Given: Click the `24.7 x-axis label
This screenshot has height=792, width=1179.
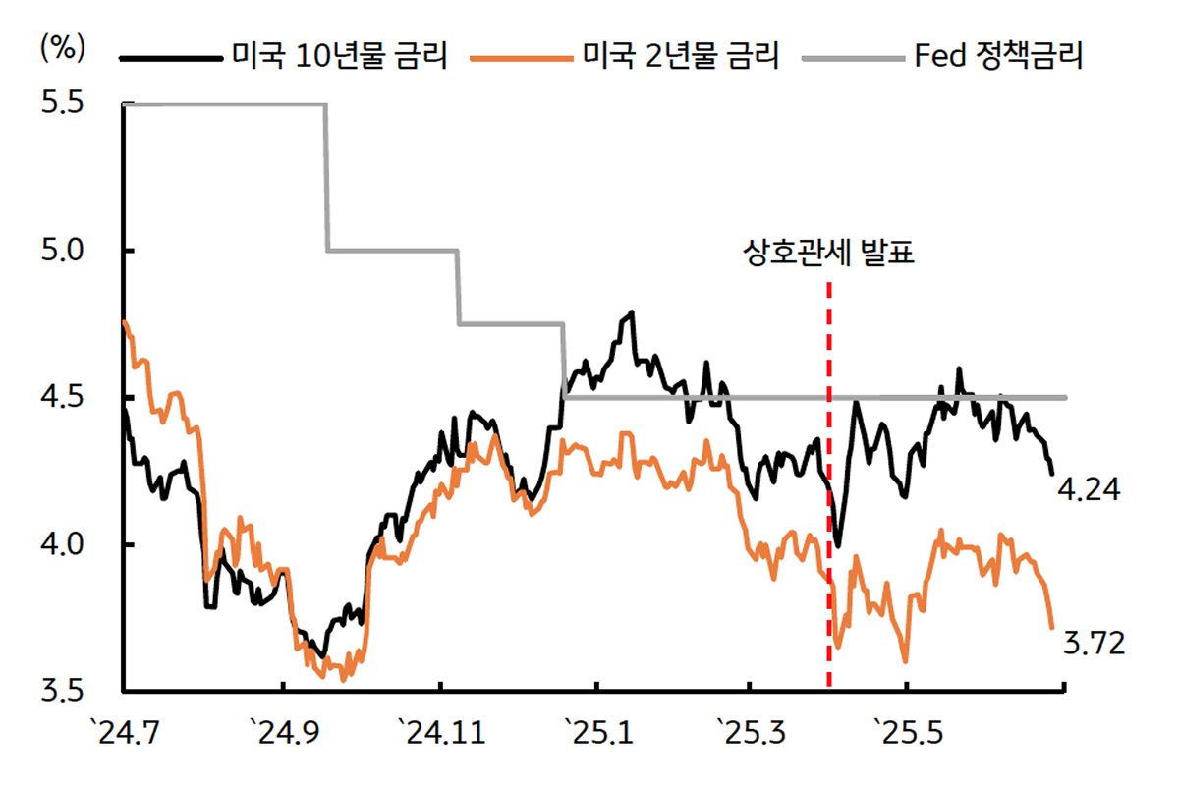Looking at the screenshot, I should (123, 732).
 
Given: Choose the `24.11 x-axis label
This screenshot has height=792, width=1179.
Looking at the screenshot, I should (441, 732).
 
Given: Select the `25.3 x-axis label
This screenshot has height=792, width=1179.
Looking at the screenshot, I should (750, 732).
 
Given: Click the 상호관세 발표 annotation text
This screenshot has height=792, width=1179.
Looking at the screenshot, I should (828, 255).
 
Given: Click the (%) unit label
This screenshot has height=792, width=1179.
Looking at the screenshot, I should (62, 46).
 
